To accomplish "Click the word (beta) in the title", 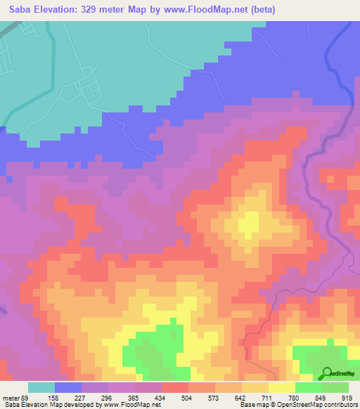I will [259, 10].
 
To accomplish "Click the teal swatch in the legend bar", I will [41, 387].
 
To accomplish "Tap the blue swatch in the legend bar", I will [68, 387].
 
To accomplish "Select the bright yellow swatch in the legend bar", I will [282, 387].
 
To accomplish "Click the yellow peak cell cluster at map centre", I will [248, 225].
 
